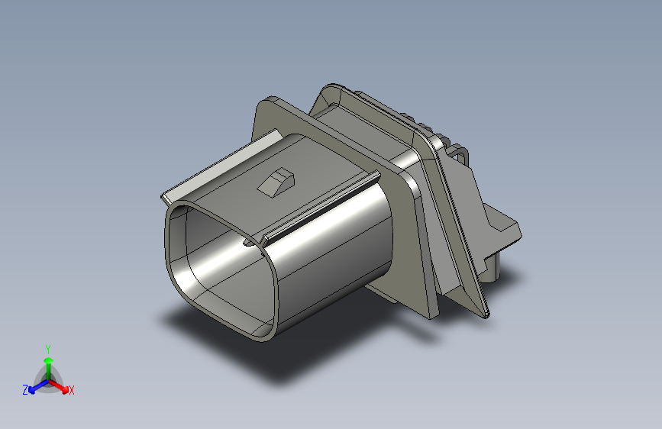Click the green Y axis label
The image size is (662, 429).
tap(48, 349)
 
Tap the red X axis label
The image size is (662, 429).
tap(71, 390)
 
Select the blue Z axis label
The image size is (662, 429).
tap(25, 390)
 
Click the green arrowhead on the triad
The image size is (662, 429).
tap(49, 361)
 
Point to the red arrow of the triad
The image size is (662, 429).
tap(58, 386)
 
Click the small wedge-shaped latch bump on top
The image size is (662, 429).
tap(276, 182)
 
